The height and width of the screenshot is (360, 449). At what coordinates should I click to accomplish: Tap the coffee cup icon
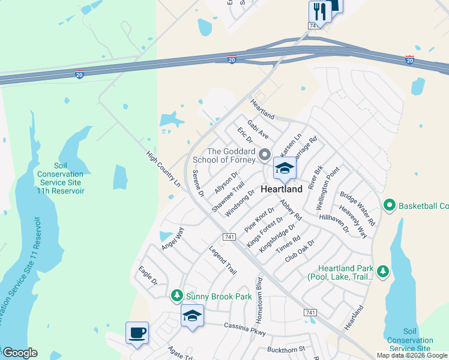click(x=137, y=332)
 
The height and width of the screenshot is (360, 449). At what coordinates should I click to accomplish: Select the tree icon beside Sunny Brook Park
click(x=176, y=295)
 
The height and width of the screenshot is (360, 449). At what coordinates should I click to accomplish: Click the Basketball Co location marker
click(x=389, y=206)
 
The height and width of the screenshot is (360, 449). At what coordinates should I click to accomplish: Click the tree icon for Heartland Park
click(x=382, y=272)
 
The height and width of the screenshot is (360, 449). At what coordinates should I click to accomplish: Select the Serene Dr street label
click(x=199, y=184)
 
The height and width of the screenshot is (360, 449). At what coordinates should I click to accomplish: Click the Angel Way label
click(x=172, y=238)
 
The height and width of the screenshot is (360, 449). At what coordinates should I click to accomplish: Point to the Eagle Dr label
click(x=147, y=275)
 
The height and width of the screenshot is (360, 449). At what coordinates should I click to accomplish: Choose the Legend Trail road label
click(x=223, y=261)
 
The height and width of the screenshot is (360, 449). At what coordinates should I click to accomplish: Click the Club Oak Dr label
click(x=300, y=250)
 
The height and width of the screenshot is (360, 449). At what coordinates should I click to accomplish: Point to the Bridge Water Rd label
click(x=357, y=209)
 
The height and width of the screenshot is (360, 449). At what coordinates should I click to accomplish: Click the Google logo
click(x=20, y=353)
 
